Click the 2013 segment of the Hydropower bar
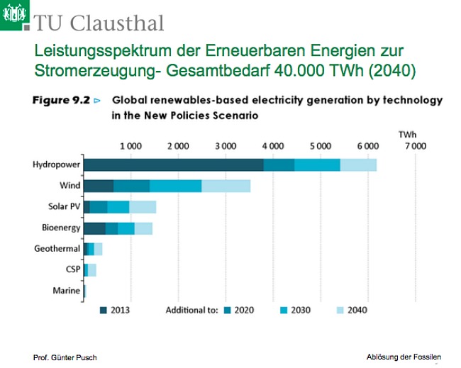(x=173, y=165)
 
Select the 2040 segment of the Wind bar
(x=226, y=186)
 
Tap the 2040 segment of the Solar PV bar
(x=142, y=207)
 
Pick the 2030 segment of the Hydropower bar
(x=316, y=165)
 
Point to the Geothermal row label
(x=57, y=249)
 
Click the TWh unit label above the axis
(x=407, y=133)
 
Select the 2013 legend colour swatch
(x=104, y=310)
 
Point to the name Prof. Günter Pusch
(x=65, y=356)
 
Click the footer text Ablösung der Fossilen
(x=404, y=356)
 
